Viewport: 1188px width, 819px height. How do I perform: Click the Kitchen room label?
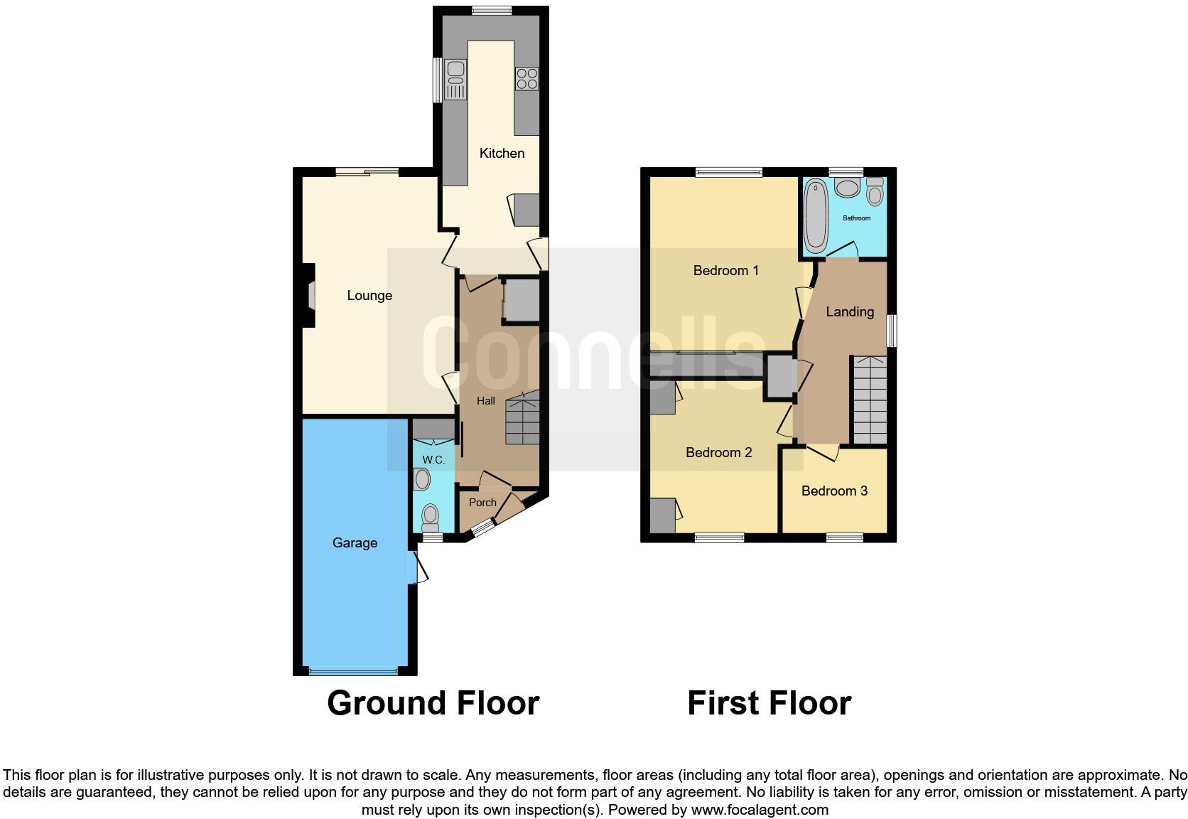pos(502,153)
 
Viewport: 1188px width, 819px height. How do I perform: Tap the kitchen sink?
pos(455,80)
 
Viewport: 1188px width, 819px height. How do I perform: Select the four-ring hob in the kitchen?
pos(526,77)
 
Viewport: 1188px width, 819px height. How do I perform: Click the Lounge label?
pos(369,295)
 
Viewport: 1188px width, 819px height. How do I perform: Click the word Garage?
pos(355,542)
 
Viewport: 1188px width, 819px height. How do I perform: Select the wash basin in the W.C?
pos(422,480)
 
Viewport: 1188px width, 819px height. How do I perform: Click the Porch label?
pos(482,503)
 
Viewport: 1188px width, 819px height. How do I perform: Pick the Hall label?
pos(486,401)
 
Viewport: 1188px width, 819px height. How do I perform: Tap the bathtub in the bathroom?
pos(814,215)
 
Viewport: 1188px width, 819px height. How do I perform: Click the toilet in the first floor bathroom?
pos(875,190)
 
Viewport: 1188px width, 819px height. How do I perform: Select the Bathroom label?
pos(856,218)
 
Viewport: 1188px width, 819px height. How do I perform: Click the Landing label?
pos(850,311)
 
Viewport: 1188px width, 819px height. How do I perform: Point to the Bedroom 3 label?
pos(834,491)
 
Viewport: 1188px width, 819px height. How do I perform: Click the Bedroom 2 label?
pos(718,452)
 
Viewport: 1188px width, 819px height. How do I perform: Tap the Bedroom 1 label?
pos(725,270)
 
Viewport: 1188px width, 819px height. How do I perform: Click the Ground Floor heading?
pos(433,702)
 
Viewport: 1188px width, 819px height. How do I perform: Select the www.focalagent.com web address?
pos(760,809)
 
